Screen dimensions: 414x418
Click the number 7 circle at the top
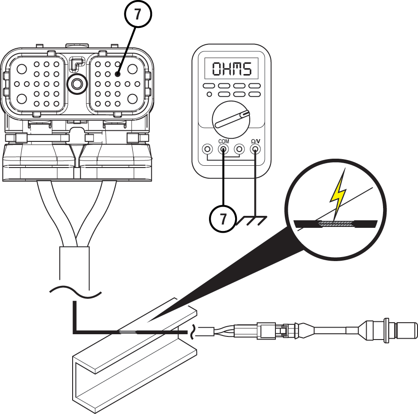138,14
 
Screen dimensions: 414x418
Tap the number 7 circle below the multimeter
223,219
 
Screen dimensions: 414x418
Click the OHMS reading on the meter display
232,69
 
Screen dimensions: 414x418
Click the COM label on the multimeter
224,141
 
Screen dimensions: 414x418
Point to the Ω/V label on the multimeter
255,141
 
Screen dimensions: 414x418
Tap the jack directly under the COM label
224,149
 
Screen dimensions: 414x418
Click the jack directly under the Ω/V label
255,149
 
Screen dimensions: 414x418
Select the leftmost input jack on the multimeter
207,149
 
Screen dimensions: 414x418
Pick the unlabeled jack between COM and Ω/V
240,149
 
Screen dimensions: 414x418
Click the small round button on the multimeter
209,94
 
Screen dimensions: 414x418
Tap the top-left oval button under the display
209,86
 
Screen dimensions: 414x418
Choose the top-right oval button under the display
255,86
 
